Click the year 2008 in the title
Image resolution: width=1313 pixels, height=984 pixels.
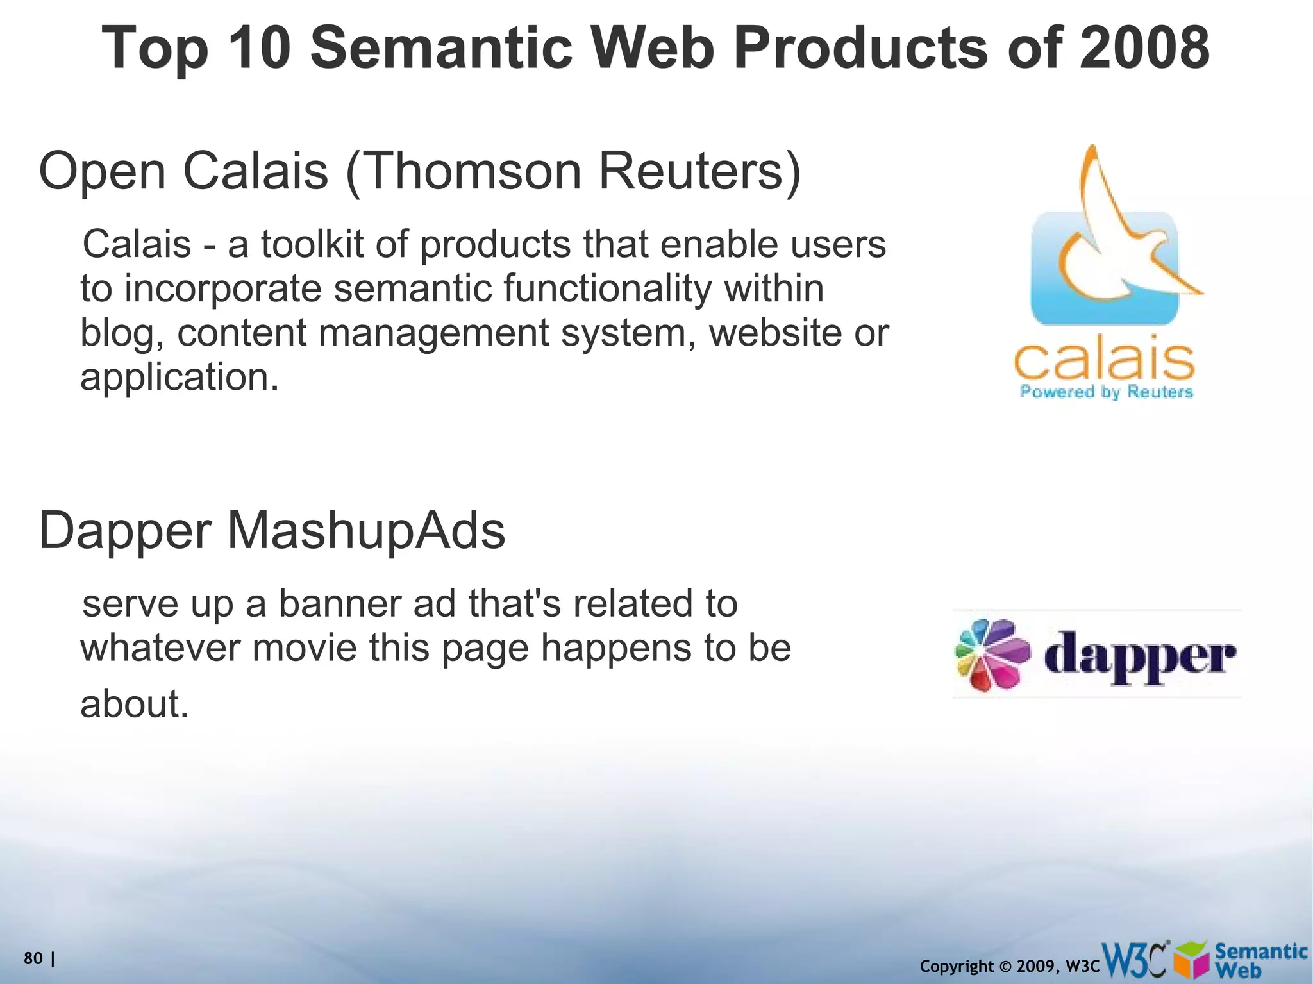(x=1144, y=48)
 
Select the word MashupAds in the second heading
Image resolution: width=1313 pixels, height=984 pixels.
(x=366, y=531)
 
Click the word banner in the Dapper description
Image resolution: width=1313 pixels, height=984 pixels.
(x=339, y=604)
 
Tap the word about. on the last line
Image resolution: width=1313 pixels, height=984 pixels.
(x=135, y=704)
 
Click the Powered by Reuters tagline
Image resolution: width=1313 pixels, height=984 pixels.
(x=1106, y=392)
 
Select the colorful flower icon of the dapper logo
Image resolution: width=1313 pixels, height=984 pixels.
(x=991, y=655)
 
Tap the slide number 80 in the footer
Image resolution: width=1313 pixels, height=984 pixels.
(x=33, y=958)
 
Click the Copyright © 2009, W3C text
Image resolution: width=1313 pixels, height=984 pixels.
(x=1009, y=966)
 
